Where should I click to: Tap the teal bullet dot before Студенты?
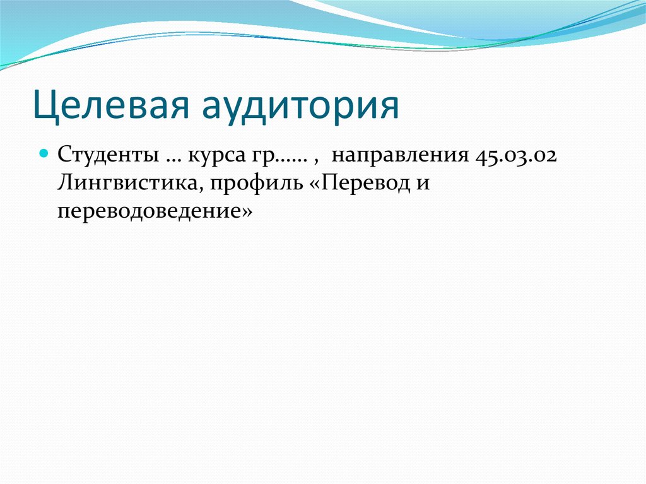pyautogui.click(x=44, y=153)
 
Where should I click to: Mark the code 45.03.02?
pyautogui.click(x=514, y=155)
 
